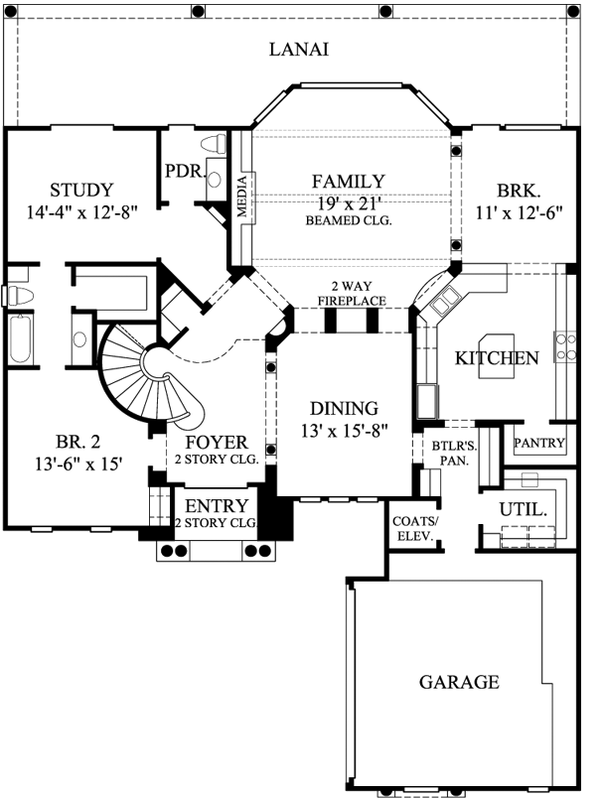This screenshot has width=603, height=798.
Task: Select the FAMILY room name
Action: click(x=348, y=182)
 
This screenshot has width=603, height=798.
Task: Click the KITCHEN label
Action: click(x=497, y=358)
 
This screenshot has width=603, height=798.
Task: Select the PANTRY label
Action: click(x=540, y=444)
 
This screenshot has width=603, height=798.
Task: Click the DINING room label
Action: click(x=344, y=408)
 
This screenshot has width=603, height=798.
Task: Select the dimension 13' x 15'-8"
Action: click(x=344, y=430)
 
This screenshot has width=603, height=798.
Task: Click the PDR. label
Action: click(x=183, y=171)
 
